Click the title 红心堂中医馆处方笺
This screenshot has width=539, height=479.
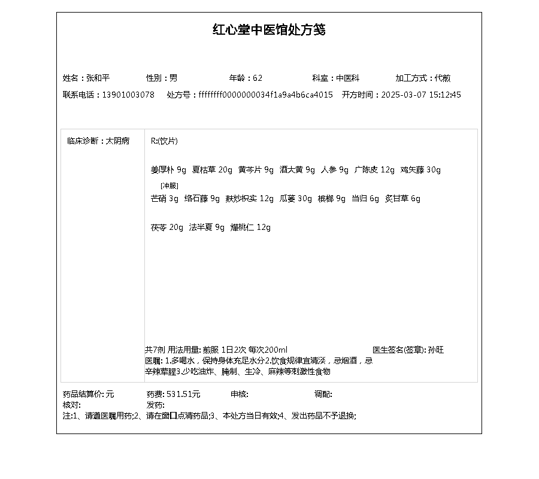[x=269, y=30]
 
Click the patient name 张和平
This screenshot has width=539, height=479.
[x=98, y=78]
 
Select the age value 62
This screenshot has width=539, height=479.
[x=258, y=78]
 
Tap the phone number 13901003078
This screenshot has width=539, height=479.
[x=128, y=95]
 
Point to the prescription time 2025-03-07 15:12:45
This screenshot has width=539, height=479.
[x=421, y=95]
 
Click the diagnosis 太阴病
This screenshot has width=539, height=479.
[x=117, y=141]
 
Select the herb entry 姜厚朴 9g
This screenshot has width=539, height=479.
[x=168, y=170]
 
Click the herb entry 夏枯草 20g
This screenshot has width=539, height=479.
[x=212, y=170]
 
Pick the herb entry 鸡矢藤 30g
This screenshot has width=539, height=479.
[x=420, y=170]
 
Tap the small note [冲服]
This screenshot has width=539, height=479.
[x=169, y=186]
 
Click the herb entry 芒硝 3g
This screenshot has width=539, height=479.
[x=164, y=199]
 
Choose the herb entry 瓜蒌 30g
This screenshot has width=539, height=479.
[x=296, y=199]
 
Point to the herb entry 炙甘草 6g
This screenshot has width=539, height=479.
[x=402, y=199]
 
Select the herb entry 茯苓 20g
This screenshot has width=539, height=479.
[x=167, y=228]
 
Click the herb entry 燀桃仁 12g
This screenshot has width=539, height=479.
[x=250, y=228]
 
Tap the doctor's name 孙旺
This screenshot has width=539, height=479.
[x=436, y=350]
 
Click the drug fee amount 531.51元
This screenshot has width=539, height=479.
[x=183, y=395]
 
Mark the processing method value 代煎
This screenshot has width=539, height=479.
[x=443, y=78]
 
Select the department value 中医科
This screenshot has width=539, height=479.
[x=347, y=78]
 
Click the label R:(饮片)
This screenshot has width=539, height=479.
[x=164, y=141]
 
